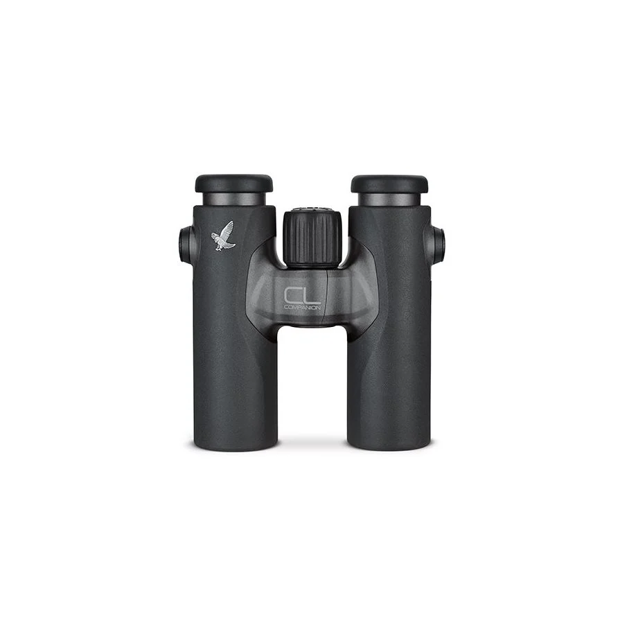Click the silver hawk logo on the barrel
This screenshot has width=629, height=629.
(222, 236)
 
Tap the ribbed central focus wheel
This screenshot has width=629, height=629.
(312, 239)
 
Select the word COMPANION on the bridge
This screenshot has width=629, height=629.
(302, 308)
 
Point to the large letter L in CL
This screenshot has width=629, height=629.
(312, 296)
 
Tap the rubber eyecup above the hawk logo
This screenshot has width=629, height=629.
(234, 183)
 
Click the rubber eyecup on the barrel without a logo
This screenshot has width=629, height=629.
(389, 184)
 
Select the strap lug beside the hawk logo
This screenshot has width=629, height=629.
(186, 245)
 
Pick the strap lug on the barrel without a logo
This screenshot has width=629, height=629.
(437, 245)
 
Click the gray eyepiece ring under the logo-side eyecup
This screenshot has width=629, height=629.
(234, 199)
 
